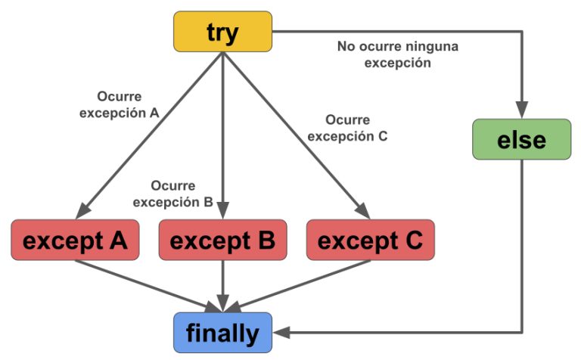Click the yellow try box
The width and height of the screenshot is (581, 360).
(222, 32)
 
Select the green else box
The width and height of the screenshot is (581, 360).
(521, 139)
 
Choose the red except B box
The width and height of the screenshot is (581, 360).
(222, 240)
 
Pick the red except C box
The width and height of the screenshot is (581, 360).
(371, 240)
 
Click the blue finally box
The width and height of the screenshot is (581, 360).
(222, 332)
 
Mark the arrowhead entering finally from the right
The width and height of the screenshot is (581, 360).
(278, 331)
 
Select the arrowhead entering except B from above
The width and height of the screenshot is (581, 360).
(222, 213)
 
